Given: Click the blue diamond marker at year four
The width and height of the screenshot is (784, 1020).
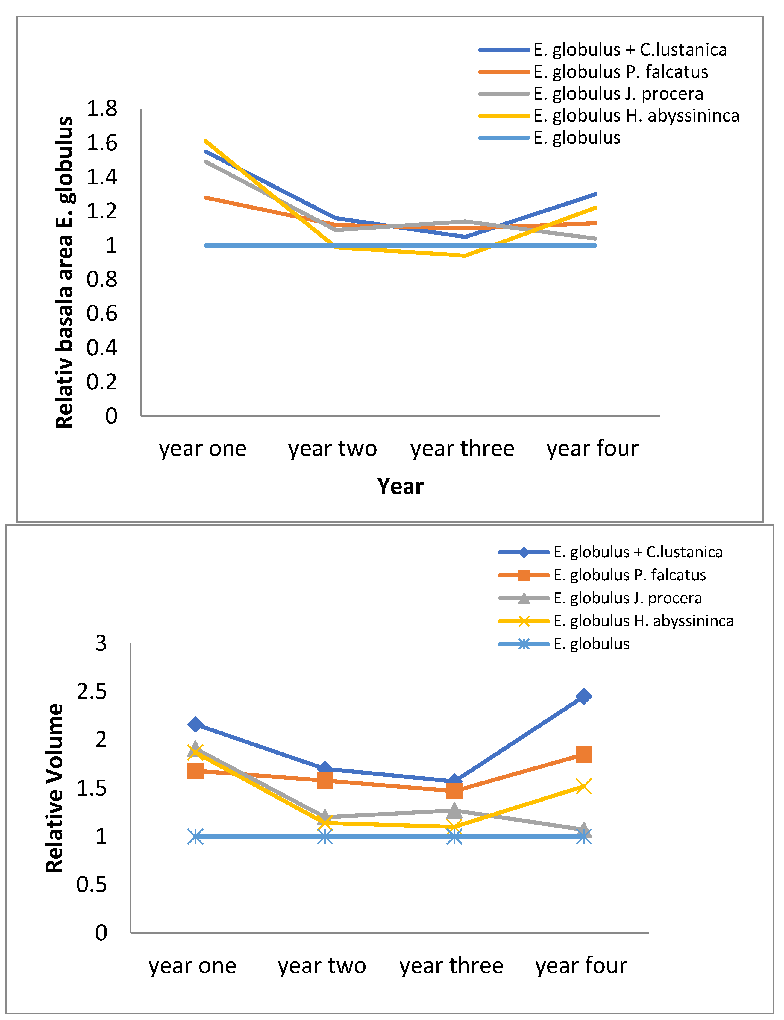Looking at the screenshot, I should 583,696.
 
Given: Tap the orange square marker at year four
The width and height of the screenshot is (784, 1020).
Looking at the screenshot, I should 583,754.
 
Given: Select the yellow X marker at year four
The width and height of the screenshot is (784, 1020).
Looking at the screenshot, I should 583,786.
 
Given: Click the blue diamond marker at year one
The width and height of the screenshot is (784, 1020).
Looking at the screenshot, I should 195,724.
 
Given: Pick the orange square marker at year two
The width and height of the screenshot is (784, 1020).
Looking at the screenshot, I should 325,780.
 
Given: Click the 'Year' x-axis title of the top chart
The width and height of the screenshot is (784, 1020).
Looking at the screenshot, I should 401,486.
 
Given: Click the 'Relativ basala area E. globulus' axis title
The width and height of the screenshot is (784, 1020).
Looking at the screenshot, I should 64,272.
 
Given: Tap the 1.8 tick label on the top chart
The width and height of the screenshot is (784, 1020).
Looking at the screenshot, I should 102,108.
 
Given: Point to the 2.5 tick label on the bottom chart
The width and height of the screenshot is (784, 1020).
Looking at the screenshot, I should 92,691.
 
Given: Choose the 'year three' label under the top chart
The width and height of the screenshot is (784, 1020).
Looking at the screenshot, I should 462,448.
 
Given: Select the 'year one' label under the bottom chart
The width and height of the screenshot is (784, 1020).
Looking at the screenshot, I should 192,966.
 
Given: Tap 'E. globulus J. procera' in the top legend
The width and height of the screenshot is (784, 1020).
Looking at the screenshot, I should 618,94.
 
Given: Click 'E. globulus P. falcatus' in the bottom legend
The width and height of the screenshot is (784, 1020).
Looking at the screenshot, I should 630,575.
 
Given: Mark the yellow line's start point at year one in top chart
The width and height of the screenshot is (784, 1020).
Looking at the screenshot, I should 206,141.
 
